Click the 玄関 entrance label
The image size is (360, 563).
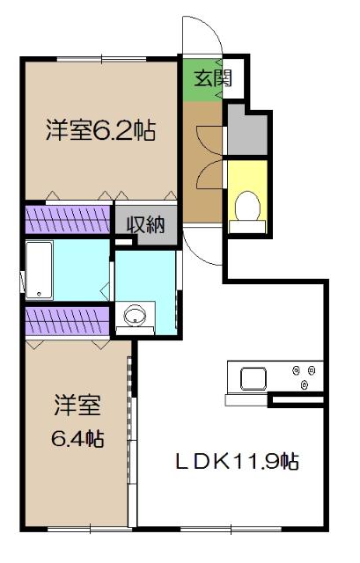tap(212, 77)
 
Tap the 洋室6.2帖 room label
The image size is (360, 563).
tap(101, 132)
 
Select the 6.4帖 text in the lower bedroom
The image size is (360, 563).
tap(77, 437)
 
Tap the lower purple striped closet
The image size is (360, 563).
tap(68, 321)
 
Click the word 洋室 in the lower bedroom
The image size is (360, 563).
tap(77, 406)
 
